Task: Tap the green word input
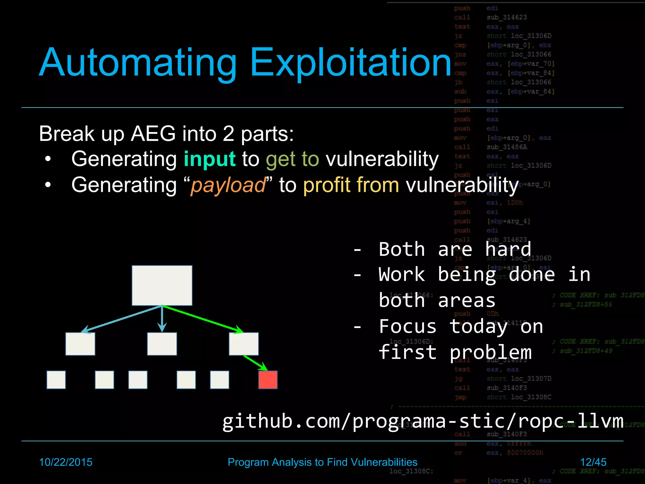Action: click(209, 159)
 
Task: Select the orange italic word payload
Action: click(228, 185)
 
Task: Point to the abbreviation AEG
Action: click(153, 134)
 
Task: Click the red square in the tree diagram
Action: click(268, 380)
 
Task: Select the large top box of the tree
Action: click(162, 285)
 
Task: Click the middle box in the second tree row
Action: click(162, 344)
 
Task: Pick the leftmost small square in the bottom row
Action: click(56, 380)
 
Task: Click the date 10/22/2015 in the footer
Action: click(66, 462)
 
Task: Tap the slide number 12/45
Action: click(593, 462)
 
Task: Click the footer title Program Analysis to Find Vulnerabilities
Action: click(322, 462)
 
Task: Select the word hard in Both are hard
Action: click(508, 249)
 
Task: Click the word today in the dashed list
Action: click(478, 326)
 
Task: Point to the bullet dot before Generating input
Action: click(48, 159)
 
